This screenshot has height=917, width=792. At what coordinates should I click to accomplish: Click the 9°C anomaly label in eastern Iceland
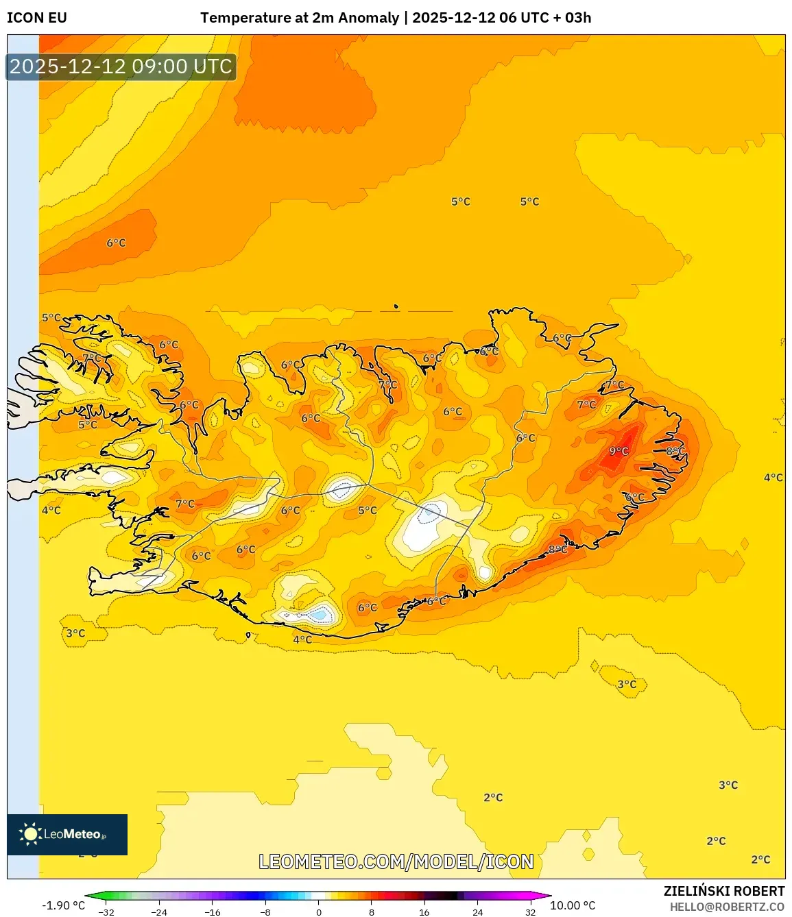coord(619,451)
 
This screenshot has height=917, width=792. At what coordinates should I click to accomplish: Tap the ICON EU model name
coord(37,18)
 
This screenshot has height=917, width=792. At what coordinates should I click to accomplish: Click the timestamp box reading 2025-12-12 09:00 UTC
coord(121,66)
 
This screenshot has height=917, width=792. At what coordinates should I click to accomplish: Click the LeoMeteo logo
coord(67,834)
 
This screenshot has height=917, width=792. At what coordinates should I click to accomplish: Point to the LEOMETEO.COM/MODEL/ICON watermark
coord(396,861)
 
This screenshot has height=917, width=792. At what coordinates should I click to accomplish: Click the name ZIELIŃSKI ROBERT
coord(724,891)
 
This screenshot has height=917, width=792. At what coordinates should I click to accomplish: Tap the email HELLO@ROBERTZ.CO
coord(727,907)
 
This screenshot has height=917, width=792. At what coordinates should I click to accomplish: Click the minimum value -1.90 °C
coord(63,905)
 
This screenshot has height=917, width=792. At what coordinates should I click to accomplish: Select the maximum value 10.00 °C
coord(573,905)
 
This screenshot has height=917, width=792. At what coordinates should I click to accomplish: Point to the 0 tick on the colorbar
coord(318,912)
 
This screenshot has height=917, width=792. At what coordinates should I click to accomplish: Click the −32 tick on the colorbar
coord(106,912)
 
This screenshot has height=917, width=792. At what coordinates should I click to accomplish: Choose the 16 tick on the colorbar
coord(424,912)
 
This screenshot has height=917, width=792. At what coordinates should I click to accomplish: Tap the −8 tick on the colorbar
coord(265,912)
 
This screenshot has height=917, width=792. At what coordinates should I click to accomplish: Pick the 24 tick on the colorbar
coord(477,912)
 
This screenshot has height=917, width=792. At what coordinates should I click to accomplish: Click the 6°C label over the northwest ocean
coord(116,243)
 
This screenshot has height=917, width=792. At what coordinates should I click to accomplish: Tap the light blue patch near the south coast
coord(319,614)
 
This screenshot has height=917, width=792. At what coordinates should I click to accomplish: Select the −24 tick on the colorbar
coord(159,912)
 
